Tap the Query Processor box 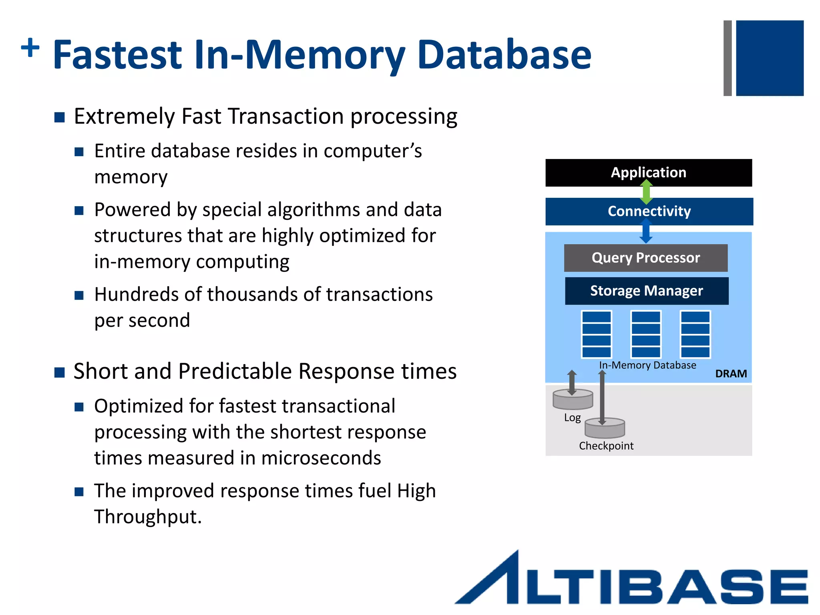645,258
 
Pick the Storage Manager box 646,291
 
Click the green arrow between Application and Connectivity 646,191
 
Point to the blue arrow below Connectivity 646,232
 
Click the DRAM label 731,374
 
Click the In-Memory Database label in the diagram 647,365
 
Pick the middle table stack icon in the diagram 646,334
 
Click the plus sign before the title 30,48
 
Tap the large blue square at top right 770,58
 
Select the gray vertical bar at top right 728,58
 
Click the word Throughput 147,517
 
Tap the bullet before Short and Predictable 60,372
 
